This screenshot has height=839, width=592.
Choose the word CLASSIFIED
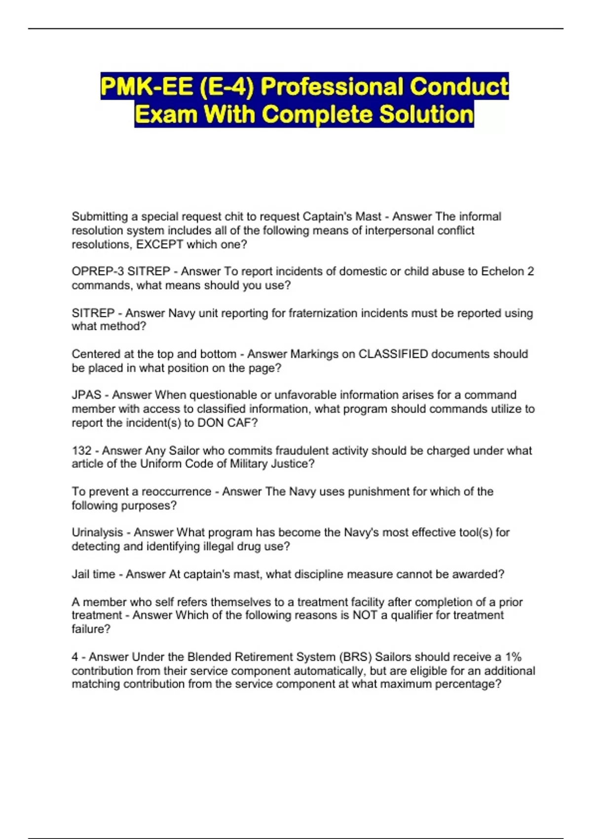coord(393,354)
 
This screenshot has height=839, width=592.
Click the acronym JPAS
coord(86,395)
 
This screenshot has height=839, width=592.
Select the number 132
coord(81,451)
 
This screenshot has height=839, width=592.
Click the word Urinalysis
coord(97,533)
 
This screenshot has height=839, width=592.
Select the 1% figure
coord(513,657)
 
